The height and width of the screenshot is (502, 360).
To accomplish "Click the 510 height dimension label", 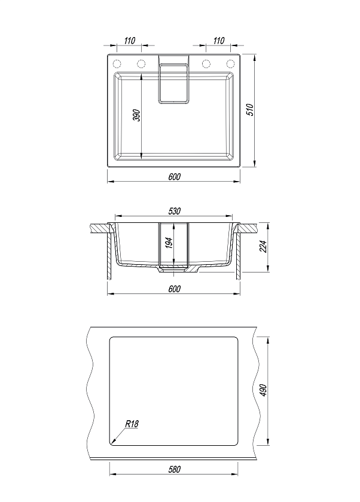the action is pyautogui.click(x=251, y=110).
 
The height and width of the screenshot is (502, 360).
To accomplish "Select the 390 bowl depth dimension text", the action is pyautogui.click(x=137, y=115).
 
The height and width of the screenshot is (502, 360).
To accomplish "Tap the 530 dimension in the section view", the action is pyautogui.click(x=175, y=211).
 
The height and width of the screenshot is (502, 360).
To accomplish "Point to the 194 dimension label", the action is pyautogui.click(x=169, y=243).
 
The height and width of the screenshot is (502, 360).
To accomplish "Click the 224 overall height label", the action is pyautogui.click(x=263, y=246).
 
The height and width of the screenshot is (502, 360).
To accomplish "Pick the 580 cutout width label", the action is pyautogui.click(x=175, y=469).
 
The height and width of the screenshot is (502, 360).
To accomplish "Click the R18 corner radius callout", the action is pyautogui.click(x=132, y=424).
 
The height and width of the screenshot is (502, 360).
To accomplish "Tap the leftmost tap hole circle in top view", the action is pyautogui.click(x=117, y=64).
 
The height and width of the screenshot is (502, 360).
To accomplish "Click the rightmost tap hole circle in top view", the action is pyautogui.click(x=230, y=64).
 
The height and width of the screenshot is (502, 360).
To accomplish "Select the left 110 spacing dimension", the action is pyautogui.click(x=129, y=41).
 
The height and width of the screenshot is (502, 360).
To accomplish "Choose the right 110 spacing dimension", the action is pyautogui.click(x=218, y=41).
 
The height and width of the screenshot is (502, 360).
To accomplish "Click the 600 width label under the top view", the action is pyautogui.click(x=175, y=176).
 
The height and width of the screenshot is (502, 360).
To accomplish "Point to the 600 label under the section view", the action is pyautogui.click(x=175, y=289).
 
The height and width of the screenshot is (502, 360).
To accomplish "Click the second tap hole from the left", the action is pyautogui.click(x=141, y=64).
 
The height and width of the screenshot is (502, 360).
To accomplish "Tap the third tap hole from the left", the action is pyautogui.click(x=206, y=64).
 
